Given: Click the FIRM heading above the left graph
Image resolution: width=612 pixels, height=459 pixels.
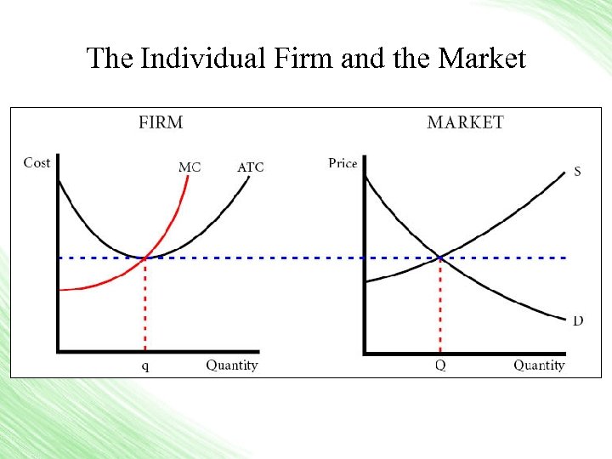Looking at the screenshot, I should click(x=161, y=122).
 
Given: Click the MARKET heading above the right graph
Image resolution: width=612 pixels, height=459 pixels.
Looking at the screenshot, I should click(x=465, y=122).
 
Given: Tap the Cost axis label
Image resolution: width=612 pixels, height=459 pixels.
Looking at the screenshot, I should click(x=37, y=162).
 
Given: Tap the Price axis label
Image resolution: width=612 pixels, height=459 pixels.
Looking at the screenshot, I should click(x=343, y=163).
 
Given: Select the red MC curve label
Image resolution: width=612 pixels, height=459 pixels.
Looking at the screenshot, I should click(x=190, y=167).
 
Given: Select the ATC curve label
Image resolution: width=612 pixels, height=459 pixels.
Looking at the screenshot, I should click(x=250, y=167).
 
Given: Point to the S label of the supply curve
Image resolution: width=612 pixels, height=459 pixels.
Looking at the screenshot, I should click(x=577, y=171).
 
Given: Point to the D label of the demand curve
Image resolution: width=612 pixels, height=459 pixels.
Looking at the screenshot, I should click(x=578, y=320).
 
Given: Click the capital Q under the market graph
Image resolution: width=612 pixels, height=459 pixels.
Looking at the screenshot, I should click(x=440, y=365).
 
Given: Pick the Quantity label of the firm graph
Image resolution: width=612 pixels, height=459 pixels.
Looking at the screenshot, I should click(x=231, y=365).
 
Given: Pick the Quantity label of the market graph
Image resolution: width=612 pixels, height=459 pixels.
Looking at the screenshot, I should click(x=539, y=365).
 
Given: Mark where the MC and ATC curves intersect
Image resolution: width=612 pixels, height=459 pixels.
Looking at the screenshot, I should click(x=145, y=258).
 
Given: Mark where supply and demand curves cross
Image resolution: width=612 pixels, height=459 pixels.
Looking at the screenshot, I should click(x=440, y=257).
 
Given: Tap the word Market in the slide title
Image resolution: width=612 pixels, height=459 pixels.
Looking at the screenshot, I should click(x=482, y=59).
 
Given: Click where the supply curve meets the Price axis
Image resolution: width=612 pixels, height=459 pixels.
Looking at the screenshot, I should click(x=365, y=281).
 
